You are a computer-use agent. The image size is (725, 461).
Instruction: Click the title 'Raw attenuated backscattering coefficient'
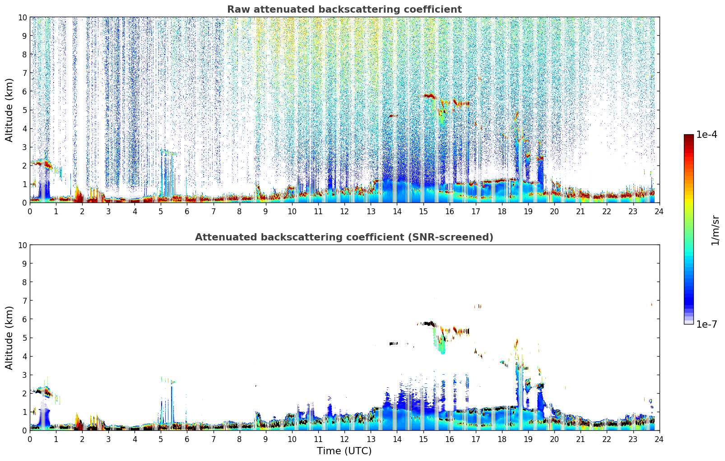[x=344, y=9]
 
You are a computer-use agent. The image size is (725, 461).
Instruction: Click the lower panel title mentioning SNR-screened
[x=344, y=237]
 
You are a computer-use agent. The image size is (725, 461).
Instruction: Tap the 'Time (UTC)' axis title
[x=344, y=451]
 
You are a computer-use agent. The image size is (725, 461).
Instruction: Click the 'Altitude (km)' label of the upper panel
[x=9, y=110]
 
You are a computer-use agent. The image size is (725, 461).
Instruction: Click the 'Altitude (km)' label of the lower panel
[x=9, y=338]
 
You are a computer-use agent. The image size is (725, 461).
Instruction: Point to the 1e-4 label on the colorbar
[x=706, y=135]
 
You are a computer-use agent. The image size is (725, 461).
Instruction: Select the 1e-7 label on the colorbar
[x=706, y=324]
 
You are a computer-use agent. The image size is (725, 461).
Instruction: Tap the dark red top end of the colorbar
[x=688, y=136]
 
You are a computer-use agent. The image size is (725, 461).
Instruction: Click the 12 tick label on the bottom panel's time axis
[x=344, y=439]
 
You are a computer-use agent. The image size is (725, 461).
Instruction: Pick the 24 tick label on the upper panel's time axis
[x=659, y=211]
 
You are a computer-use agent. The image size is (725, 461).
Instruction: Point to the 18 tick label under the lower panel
[x=502, y=439]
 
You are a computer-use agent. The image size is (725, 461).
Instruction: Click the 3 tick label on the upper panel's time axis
[x=108, y=211]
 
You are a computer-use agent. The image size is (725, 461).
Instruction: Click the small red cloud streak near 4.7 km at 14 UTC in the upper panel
[x=394, y=116]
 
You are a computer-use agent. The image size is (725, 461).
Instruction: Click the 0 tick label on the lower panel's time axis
[x=30, y=439]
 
